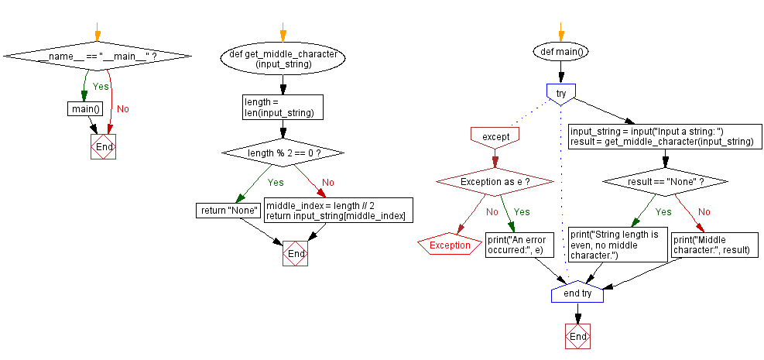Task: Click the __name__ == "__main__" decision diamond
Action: click(97, 57)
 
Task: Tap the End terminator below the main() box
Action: click(103, 146)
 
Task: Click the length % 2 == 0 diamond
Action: click(283, 153)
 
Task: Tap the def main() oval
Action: click(560, 52)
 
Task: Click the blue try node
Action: click(560, 94)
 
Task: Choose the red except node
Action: click(495, 136)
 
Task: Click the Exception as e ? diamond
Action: click(495, 182)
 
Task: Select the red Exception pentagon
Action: click(450, 245)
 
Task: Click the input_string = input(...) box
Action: click(663, 136)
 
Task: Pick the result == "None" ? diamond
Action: click(665, 182)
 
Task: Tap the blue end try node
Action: click(577, 293)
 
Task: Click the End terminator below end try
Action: click(577, 337)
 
